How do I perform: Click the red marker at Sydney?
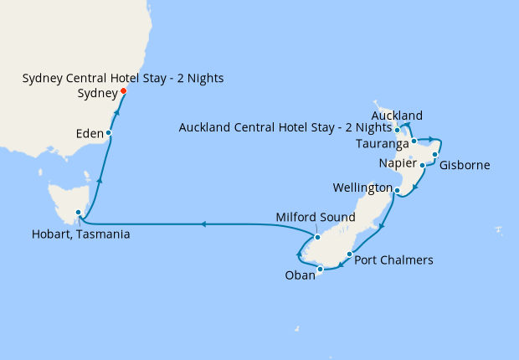[x=124, y=90]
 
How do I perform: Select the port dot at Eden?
[x=109, y=132]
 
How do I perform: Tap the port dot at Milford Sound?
[x=317, y=236]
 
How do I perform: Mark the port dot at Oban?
[x=321, y=269]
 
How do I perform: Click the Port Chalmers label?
[x=393, y=260]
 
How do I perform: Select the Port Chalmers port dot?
[x=349, y=251]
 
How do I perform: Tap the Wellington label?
[x=362, y=186]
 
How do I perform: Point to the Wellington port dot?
[x=396, y=191]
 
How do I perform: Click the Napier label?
[x=396, y=162]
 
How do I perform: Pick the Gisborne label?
[x=464, y=166]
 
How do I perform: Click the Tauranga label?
[x=382, y=144]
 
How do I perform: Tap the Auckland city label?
[x=397, y=115]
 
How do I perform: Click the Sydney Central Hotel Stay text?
[x=123, y=79]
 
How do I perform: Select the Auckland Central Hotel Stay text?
[x=285, y=128]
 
